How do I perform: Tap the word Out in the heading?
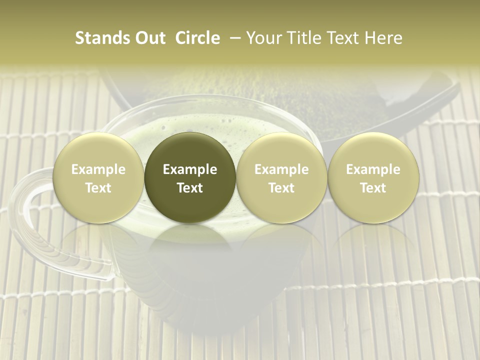click(x=149, y=38)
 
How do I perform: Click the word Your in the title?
click(x=262, y=38)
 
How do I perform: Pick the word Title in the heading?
click(x=301, y=38)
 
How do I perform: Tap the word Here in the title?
click(x=383, y=38)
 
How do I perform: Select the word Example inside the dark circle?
click(x=190, y=169)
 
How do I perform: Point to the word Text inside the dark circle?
click(x=190, y=188)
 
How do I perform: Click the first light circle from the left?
click(x=98, y=178)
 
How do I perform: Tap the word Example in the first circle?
click(x=98, y=169)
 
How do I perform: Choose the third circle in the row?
click(x=281, y=178)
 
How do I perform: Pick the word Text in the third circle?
click(x=281, y=188)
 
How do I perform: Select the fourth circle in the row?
click(x=373, y=178)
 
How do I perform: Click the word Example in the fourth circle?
click(x=373, y=169)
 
